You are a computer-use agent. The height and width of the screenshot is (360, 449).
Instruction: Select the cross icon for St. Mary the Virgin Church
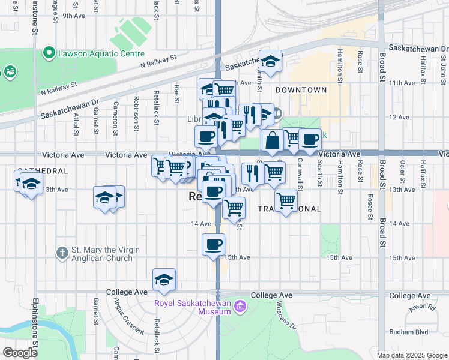(x=62, y=253)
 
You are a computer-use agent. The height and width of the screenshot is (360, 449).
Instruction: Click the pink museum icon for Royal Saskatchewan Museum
(x=240, y=307)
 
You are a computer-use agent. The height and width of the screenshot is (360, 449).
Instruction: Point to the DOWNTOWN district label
(x=301, y=90)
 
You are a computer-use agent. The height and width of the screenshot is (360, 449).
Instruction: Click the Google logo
(x=19, y=353)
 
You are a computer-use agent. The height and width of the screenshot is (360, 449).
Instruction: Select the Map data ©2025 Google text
(x=411, y=355)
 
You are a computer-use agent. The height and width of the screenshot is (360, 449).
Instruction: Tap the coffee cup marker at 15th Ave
(x=214, y=245)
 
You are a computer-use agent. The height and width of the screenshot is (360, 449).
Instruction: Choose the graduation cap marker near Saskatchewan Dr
(x=271, y=61)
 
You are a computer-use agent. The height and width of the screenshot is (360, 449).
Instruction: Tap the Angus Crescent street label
(x=127, y=317)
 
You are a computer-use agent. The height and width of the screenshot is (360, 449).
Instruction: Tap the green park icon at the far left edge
(x=10, y=73)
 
